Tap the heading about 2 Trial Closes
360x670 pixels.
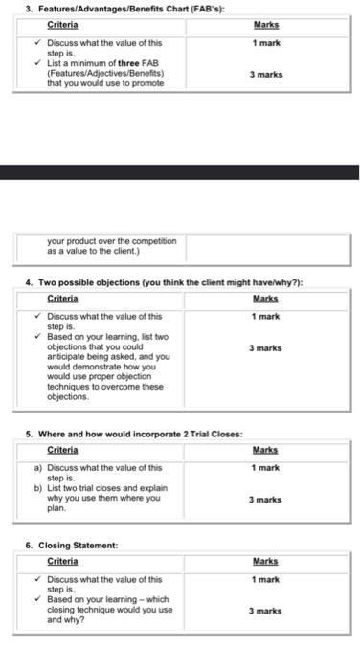click(x=134, y=434)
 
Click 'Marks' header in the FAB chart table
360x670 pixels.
click(x=266, y=26)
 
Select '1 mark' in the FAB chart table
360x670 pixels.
click(x=266, y=43)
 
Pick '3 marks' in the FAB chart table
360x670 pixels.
click(x=266, y=74)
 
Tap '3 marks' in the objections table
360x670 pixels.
click(x=266, y=348)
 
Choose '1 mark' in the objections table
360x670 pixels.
click(x=266, y=316)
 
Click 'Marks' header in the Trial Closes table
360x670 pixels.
click(x=266, y=450)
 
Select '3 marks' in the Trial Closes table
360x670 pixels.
click(x=266, y=500)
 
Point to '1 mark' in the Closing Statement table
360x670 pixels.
click(x=266, y=579)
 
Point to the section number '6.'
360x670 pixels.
click(x=30, y=545)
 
